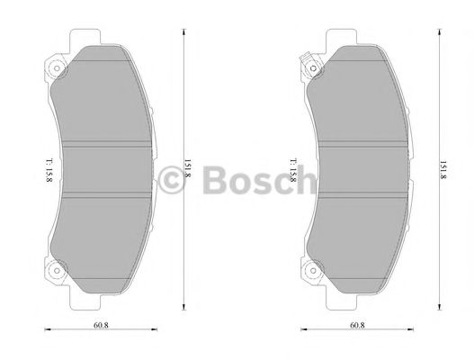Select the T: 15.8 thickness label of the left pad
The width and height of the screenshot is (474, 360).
[x=39, y=167]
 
